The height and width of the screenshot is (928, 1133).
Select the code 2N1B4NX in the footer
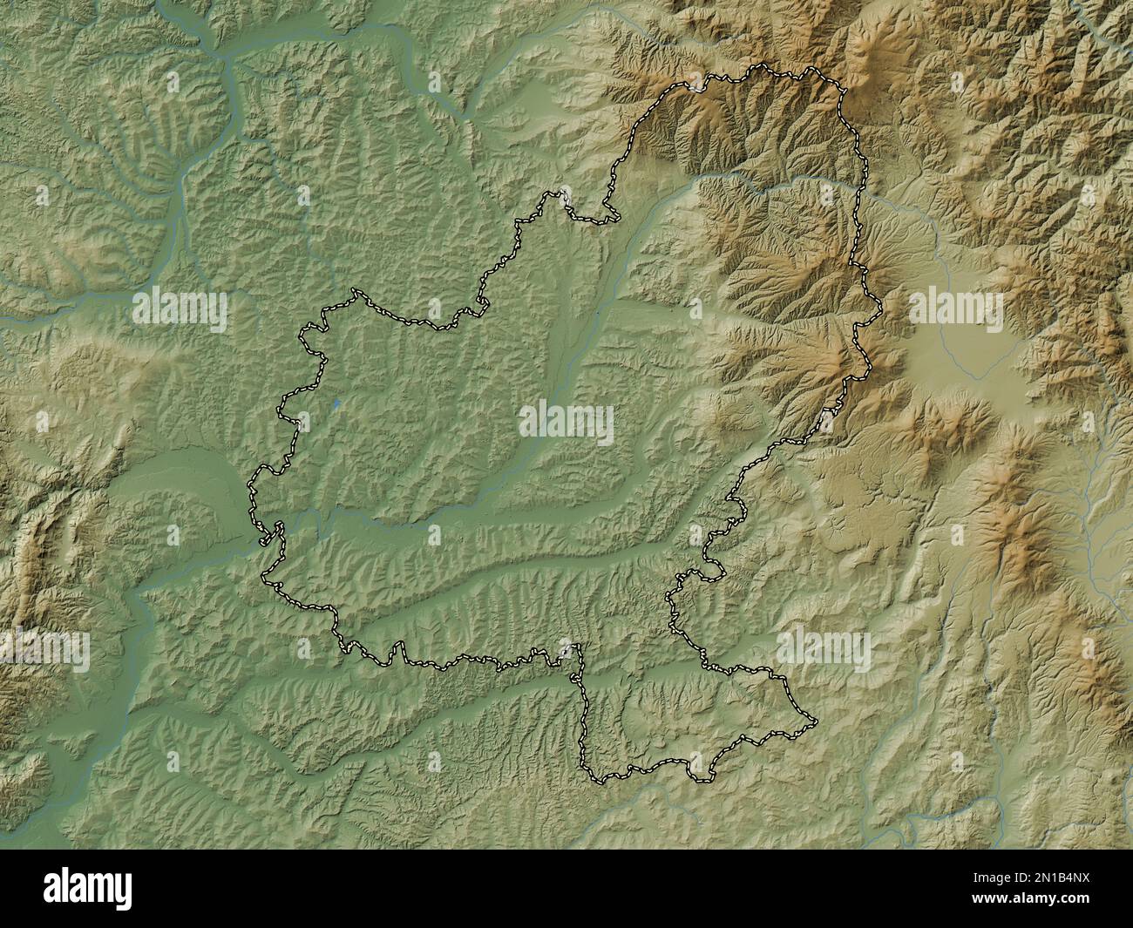point(1062,878)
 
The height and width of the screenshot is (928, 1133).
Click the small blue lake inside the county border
point(337,403)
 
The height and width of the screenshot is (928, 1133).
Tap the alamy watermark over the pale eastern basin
point(956,311)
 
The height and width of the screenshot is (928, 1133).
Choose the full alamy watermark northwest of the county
point(180,310)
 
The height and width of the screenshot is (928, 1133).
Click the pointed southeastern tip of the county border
point(817,721)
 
